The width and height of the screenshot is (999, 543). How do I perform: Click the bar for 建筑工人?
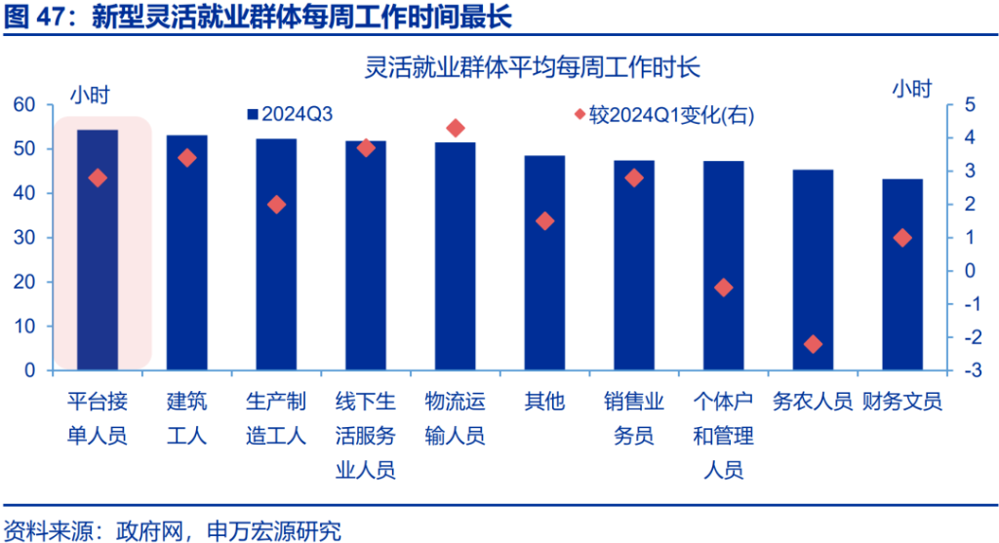pyautogui.click(x=186, y=252)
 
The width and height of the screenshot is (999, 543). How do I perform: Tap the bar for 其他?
pyautogui.click(x=544, y=262)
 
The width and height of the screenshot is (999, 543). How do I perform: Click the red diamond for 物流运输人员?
pyautogui.click(x=455, y=128)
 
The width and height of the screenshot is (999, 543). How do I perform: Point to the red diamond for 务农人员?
pyautogui.click(x=813, y=344)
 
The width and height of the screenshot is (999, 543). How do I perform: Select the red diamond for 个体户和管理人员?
pyautogui.click(x=723, y=288)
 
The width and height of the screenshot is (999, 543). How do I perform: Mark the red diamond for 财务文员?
pyautogui.click(x=902, y=238)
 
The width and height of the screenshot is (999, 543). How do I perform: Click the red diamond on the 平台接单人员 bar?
pyautogui.click(x=98, y=177)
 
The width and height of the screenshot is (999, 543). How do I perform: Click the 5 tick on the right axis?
pyautogui.click(x=969, y=104)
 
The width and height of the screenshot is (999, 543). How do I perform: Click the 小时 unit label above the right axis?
pyautogui.click(x=912, y=88)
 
